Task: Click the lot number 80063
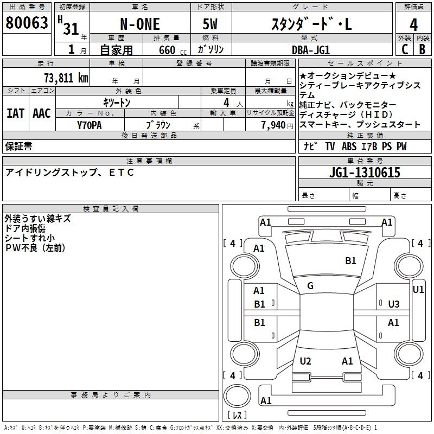pyautogui.click(x=27, y=22)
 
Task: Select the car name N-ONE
pyautogui.click(x=140, y=24)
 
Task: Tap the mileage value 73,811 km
pyautogui.click(x=66, y=78)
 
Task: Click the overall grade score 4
pyautogui.click(x=413, y=24)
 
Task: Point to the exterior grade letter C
pyautogui.click(x=405, y=49)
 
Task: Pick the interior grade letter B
pyautogui.click(x=423, y=49)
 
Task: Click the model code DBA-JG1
pyautogui.click(x=311, y=50)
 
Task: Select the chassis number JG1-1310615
pyautogui.click(x=365, y=173)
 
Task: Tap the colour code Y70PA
pyautogui.click(x=90, y=125)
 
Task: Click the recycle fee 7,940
pyautogui.click(x=273, y=125)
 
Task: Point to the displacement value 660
pyautogui.click(x=167, y=50)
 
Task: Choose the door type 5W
pyautogui.click(x=210, y=24)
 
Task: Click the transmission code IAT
pyautogui.click(x=16, y=113)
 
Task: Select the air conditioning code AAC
pyautogui.click(x=42, y=113)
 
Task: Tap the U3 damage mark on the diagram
pyautogui.click(x=394, y=304)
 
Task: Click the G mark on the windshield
pyautogui.click(x=310, y=286)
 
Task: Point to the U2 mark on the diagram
pyautogui.click(x=305, y=361)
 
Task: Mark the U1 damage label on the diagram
pyautogui.click(x=418, y=290)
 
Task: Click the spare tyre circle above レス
pyautogui.click(x=237, y=396)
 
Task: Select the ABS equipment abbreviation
pyautogui.click(x=349, y=146)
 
